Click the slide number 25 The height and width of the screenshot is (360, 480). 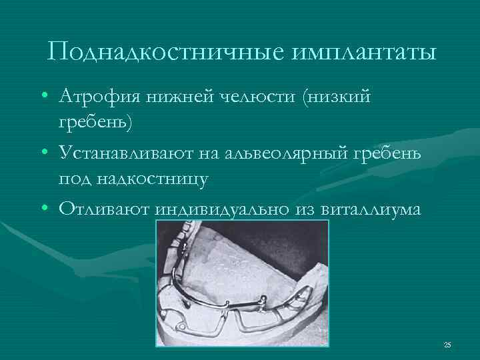pyautogui.click(x=447, y=345)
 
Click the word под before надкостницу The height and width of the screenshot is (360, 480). pyautogui.click(x=73, y=179)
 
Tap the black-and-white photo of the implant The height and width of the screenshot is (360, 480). pyautogui.click(x=242, y=284)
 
